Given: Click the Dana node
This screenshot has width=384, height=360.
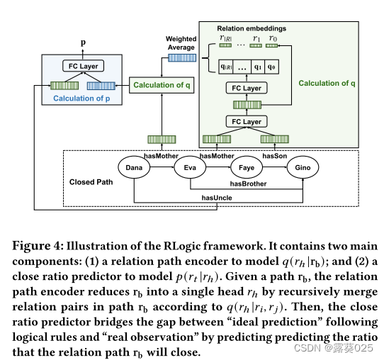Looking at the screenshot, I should (135, 168).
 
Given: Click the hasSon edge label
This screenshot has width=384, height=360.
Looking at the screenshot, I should (275, 155).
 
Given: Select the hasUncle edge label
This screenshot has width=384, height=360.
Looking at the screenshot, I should (218, 198).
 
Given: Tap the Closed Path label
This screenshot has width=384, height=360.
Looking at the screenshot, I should (92, 182).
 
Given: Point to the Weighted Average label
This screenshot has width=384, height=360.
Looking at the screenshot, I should (181, 43).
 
